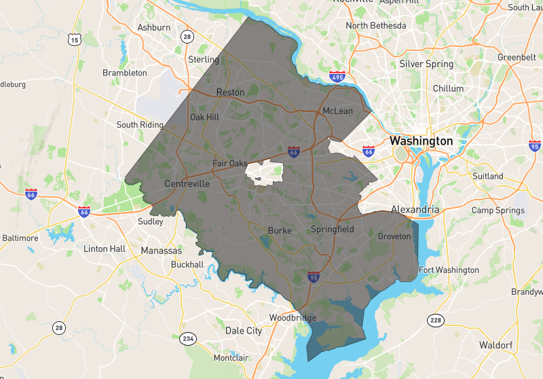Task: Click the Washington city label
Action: [421, 141]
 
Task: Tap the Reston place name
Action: [230, 92]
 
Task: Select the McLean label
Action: [337, 111]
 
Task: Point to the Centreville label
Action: [187, 184]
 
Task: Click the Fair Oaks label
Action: [229, 164]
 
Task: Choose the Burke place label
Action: [280, 230]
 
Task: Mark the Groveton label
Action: [394, 236]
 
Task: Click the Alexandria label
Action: [414, 210]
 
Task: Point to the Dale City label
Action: [243, 331]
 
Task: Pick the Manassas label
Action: [162, 251]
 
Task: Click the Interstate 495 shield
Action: [335, 77]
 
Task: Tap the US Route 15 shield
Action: [73, 41]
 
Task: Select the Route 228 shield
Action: [435, 319]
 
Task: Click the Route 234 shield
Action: [188, 338]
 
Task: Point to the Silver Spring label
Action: [426, 64]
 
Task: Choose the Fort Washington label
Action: [449, 270]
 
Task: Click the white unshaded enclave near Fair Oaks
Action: [263, 173]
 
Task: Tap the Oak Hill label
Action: [204, 117]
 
